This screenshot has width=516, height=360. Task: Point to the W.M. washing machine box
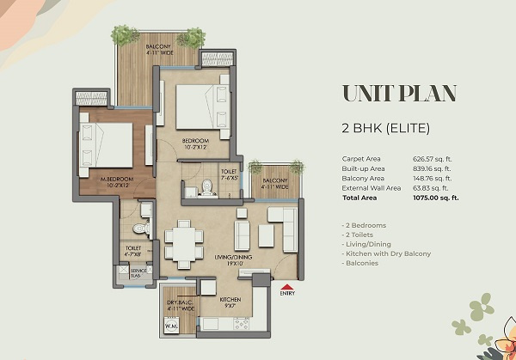click(x=170, y=327)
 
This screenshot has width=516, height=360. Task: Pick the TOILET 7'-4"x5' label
click(x=229, y=174)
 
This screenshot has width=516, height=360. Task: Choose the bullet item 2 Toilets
click(x=360, y=234)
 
